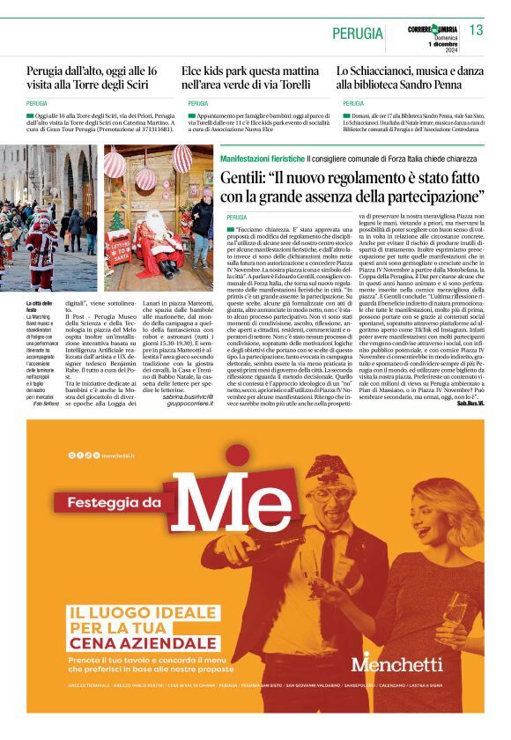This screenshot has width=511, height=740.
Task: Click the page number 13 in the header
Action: tap(476, 31)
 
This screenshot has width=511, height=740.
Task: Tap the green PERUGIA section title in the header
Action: tap(357, 33)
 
